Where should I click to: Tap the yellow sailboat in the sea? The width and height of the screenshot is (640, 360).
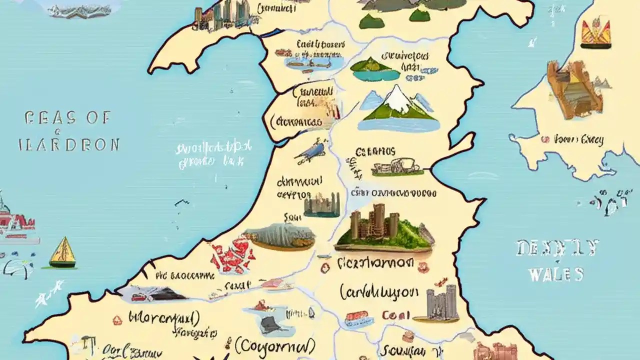click(x=63, y=252)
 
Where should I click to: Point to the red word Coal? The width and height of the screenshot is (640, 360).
click(x=396, y=315)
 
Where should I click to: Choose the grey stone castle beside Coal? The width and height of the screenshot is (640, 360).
click(x=442, y=302)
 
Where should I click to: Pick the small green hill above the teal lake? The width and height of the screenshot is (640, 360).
click(x=370, y=64)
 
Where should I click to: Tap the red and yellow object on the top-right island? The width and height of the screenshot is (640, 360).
click(x=595, y=33)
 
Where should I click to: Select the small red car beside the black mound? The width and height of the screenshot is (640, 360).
click(x=139, y=296)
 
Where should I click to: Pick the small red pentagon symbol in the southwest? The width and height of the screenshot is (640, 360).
click(x=117, y=320)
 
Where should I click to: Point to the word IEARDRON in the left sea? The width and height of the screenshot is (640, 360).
click(x=69, y=144)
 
